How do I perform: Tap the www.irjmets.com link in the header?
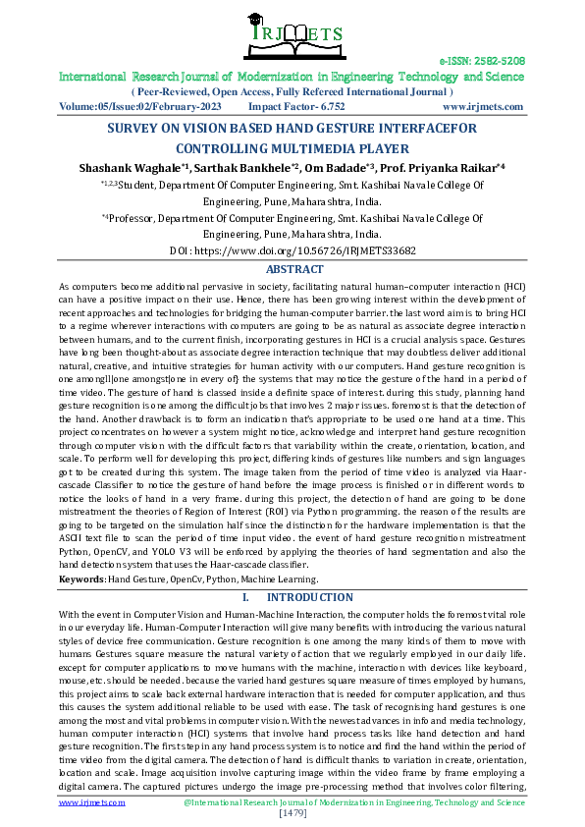click(x=482, y=106)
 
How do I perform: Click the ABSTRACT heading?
click(x=294, y=269)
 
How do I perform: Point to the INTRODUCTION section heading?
click(x=309, y=597)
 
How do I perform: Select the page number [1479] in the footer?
click(x=293, y=812)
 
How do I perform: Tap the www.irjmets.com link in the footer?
click(x=92, y=802)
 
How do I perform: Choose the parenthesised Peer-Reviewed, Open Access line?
click(x=293, y=90)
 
